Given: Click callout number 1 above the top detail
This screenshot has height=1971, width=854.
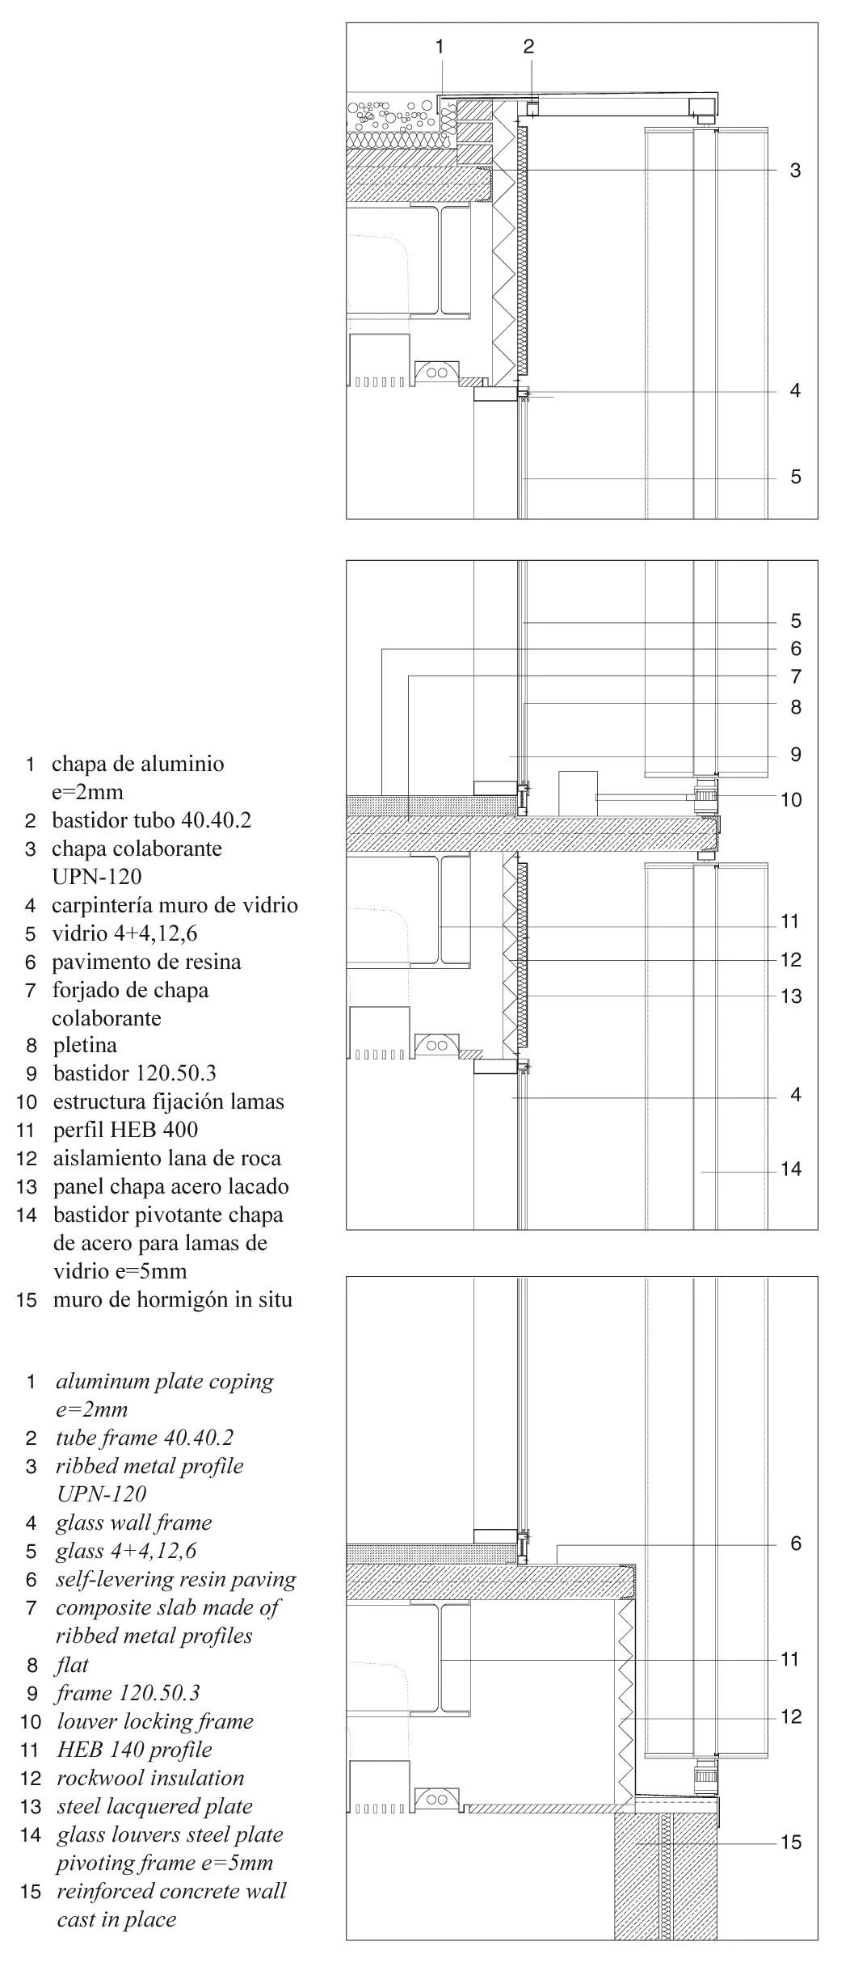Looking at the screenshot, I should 440,47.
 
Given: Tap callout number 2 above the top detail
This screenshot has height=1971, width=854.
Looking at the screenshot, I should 528,47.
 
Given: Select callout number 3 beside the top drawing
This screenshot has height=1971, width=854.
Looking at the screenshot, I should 795,171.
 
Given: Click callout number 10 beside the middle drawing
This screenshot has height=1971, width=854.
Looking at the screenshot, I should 791,800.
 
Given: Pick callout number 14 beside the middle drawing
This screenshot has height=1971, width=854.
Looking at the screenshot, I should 791,1169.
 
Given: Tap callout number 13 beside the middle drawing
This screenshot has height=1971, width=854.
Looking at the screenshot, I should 791,996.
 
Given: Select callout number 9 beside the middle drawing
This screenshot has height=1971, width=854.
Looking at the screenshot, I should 795,755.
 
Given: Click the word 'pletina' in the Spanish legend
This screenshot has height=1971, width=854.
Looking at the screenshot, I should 85,1046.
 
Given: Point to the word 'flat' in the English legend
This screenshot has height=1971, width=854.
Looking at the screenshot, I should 73,1665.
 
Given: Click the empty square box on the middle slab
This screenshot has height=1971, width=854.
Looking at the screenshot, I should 578,792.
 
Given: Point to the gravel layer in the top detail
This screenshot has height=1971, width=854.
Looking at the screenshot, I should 392,117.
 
